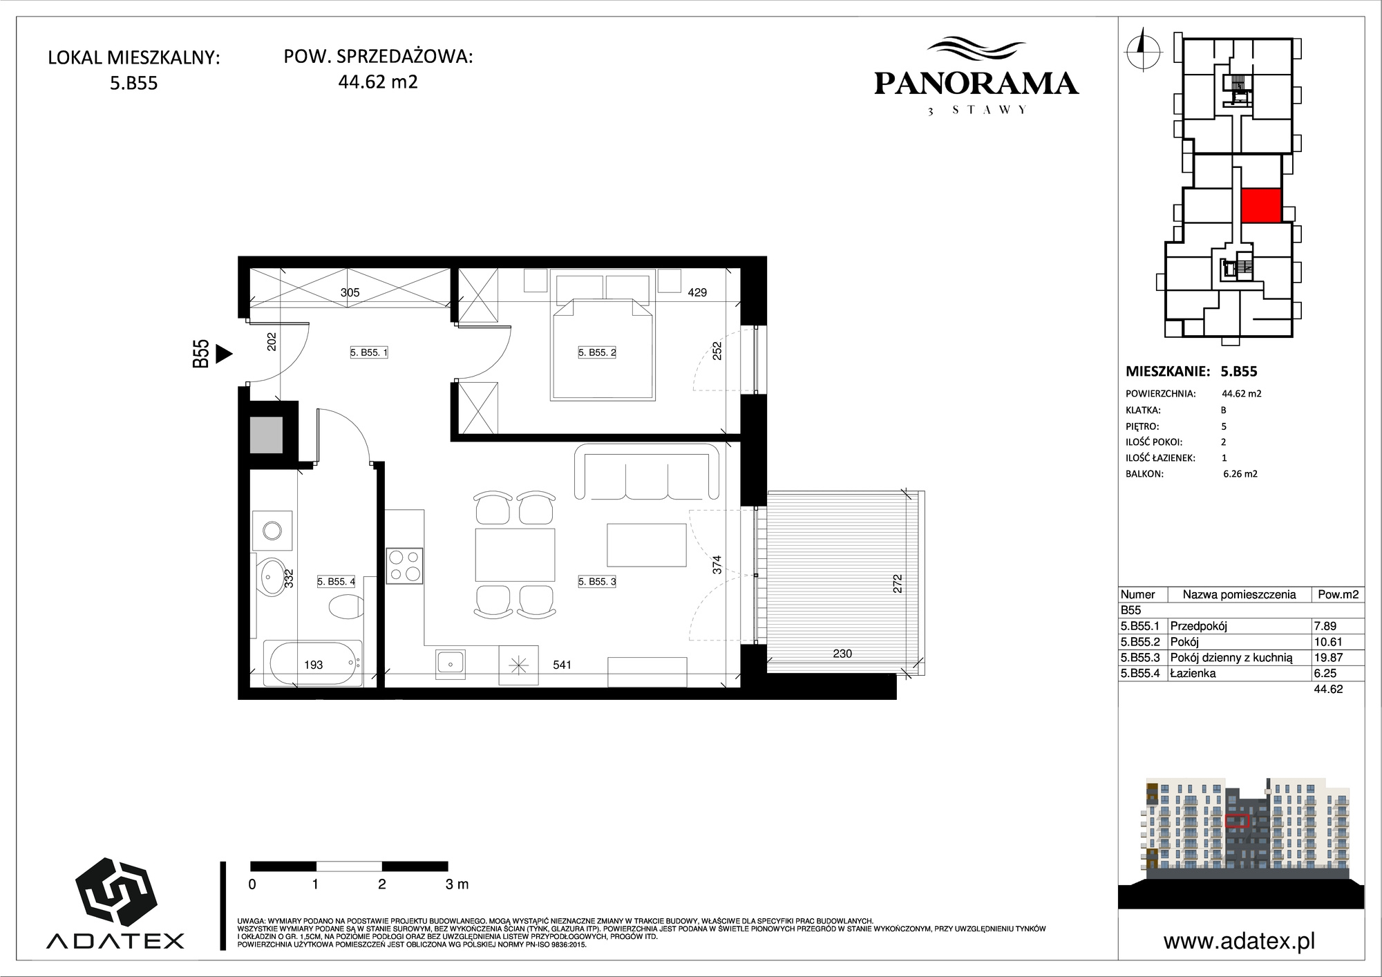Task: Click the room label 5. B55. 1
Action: (369, 352)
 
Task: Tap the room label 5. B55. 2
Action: (597, 352)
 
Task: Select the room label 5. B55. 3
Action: (597, 582)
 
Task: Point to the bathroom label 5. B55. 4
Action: (337, 582)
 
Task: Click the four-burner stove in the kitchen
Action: (404, 565)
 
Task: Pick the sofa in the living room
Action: (647, 472)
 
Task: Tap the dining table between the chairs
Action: (515, 555)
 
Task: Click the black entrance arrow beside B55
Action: (224, 354)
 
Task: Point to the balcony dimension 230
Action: (842, 653)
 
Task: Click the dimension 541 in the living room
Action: (562, 665)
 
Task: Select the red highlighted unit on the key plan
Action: (1261, 206)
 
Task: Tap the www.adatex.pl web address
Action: (1239, 941)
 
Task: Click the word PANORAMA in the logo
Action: (976, 84)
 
